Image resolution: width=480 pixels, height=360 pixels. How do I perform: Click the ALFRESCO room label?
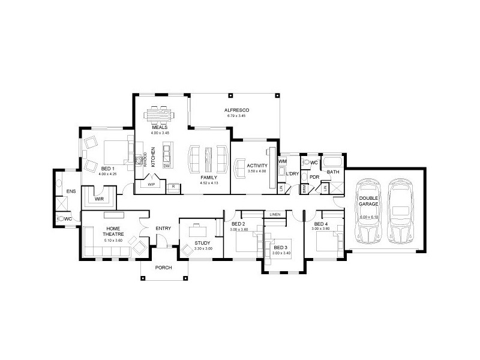click(x=236, y=110)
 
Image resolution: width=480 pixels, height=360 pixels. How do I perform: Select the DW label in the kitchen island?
click(x=167, y=165)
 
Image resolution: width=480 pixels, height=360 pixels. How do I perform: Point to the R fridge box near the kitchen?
click(x=173, y=187)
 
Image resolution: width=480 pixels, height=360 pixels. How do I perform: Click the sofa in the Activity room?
click(x=239, y=166)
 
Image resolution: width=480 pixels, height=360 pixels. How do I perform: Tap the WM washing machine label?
click(x=283, y=162)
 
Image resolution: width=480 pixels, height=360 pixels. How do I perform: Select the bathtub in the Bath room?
click(x=332, y=163)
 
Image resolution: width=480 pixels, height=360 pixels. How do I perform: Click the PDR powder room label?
click(x=314, y=177)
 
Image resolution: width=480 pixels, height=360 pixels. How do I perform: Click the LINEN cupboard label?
click(x=275, y=214)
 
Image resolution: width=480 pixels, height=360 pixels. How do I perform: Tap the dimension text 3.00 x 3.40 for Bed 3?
click(x=281, y=253)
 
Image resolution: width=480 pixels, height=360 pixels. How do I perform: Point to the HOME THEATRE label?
click(x=115, y=232)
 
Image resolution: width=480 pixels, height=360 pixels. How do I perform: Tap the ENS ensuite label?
click(x=71, y=191)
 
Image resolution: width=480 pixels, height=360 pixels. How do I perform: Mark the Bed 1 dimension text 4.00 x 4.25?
click(x=108, y=174)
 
